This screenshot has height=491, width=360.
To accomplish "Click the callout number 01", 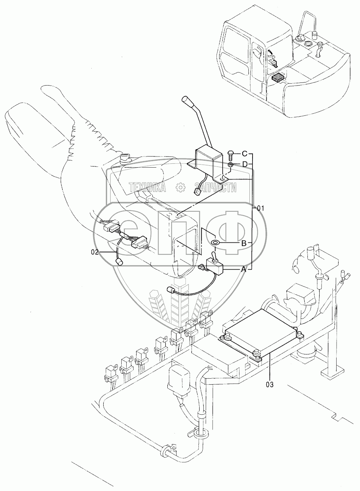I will click(261, 208).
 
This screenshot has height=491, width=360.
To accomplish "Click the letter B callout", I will click(243, 243).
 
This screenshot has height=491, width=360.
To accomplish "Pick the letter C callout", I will click(244, 154).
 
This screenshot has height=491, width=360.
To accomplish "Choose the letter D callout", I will click(244, 165).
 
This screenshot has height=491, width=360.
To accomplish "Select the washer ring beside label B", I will click(215, 243).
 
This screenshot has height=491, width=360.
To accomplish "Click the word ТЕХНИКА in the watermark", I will click(147, 187).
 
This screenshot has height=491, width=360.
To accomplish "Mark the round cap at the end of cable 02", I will click(120, 262).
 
